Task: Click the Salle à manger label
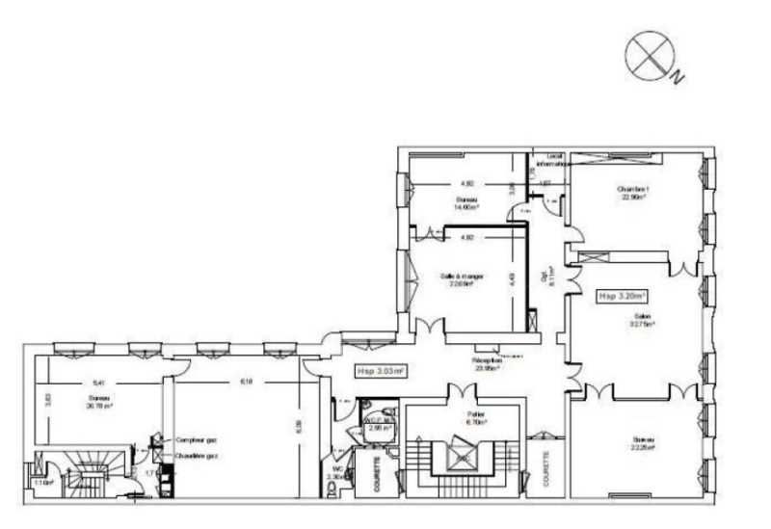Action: click(462, 279)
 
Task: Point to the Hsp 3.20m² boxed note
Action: click(621, 297)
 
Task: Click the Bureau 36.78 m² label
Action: click(97, 402)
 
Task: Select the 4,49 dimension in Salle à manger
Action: click(513, 279)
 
